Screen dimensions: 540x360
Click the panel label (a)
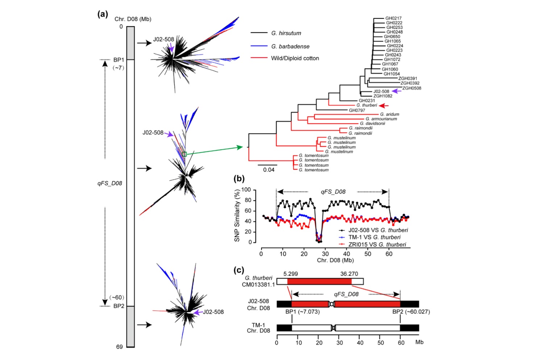pyautogui.click(x=103, y=14)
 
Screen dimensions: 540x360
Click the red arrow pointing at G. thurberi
pyautogui.click(x=383, y=105)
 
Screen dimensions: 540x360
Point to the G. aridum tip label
pyautogui.click(x=390, y=114)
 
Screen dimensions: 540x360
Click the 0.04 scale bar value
pyautogui.click(x=269, y=170)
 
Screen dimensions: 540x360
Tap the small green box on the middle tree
pyautogui.click(x=184, y=154)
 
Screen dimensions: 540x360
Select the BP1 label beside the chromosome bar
pyautogui.click(x=119, y=60)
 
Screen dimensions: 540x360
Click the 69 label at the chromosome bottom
pyautogui.click(x=120, y=347)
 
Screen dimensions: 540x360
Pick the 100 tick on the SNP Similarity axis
pyautogui.click(x=246, y=190)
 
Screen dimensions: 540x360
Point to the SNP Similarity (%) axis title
pyautogui.click(x=237, y=215)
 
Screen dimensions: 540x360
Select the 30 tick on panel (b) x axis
pyautogui.click(x=325, y=254)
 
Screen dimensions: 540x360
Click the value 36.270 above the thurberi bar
pyautogui.click(x=349, y=274)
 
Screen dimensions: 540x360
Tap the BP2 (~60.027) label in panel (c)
pyautogui.click(x=411, y=312)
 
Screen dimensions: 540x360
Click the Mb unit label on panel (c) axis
pyautogui.click(x=419, y=342)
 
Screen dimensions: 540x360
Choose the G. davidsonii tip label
pyautogui.click(x=373, y=124)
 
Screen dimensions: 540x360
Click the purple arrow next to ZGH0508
pyautogui.click(x=396, y=91)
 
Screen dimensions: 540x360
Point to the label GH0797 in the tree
pyautogui.click(x=357, y=110)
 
